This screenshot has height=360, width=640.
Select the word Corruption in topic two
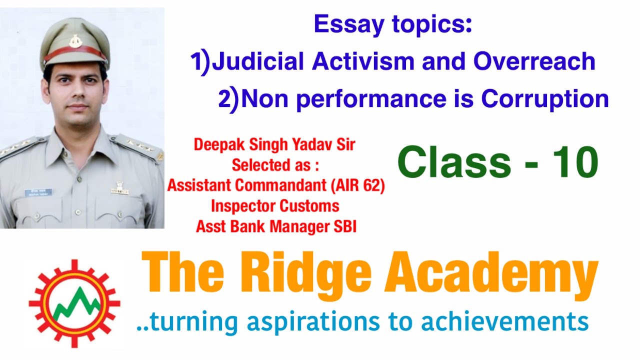[545, 99]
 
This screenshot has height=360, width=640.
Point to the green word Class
[452, 163]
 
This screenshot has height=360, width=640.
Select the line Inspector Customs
[275, 206]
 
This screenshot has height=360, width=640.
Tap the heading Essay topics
[393, 24]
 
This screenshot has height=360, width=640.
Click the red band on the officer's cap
[75, 53]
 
